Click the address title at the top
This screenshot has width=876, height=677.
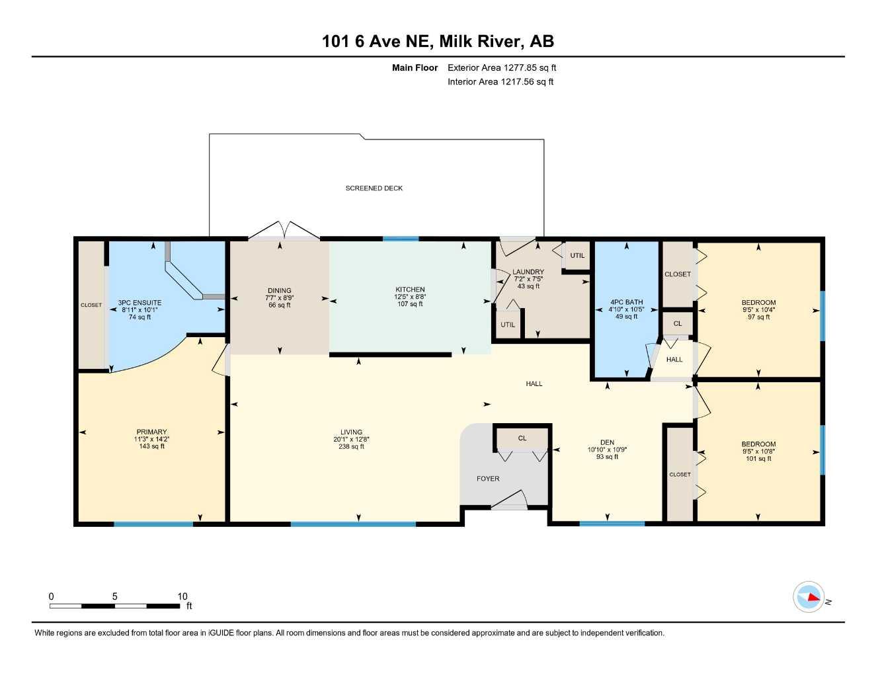click(438, 42)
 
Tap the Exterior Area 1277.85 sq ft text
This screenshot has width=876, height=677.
click(502, 67)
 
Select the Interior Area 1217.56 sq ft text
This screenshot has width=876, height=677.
click(500, 82)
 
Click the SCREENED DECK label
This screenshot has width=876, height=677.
click(374, 188)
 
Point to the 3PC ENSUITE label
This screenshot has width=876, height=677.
click(139, 303)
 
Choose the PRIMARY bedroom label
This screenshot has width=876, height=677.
click(151, 432)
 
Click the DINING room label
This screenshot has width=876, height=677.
click(279, 291)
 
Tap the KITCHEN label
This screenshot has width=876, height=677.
click(410, 290)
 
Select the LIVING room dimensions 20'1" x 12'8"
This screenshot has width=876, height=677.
click(351, 440)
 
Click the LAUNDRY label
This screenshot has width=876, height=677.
click(528, 272)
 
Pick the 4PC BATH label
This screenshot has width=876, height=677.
click(626, 302)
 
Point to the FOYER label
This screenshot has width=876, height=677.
click(488, 479)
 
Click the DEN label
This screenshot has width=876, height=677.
click(607, 442)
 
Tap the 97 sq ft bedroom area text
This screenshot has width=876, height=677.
click(758, 317)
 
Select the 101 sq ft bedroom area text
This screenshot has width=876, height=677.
click(758, 459)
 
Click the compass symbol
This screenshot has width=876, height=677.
click(809, 597)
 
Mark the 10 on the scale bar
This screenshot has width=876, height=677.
click(182, 596)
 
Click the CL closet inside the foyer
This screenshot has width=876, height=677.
click(522, 438)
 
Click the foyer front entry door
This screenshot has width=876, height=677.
click(508, 501)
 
